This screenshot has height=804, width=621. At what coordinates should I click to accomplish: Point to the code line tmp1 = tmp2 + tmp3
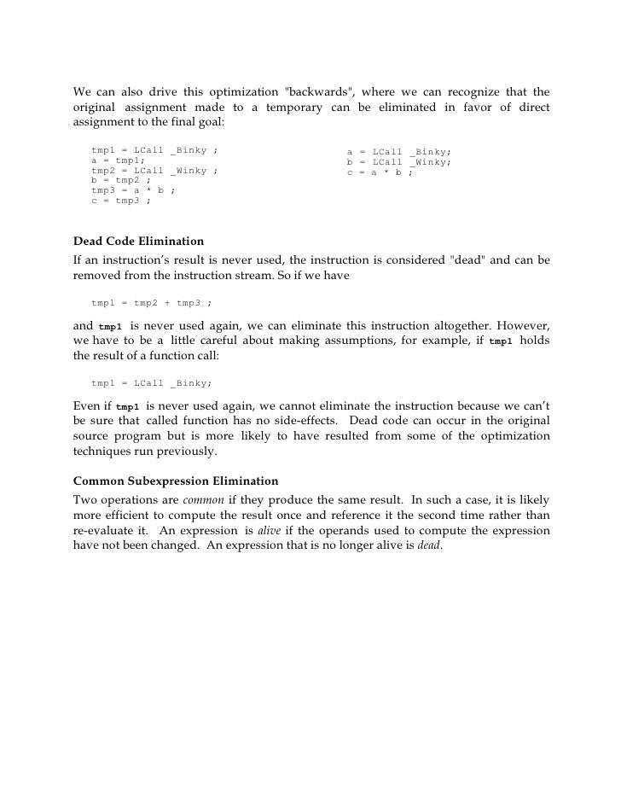click(x=151, y=302)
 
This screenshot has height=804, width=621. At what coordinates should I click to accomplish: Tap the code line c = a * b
click(x=380, y=172)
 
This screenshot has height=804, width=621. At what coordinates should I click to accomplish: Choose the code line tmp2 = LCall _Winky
click(x=154, y=171)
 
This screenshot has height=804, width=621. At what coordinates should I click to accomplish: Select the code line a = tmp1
click(x=118, y=160)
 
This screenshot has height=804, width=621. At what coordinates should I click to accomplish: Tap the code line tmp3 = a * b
click(x=133, y=191)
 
